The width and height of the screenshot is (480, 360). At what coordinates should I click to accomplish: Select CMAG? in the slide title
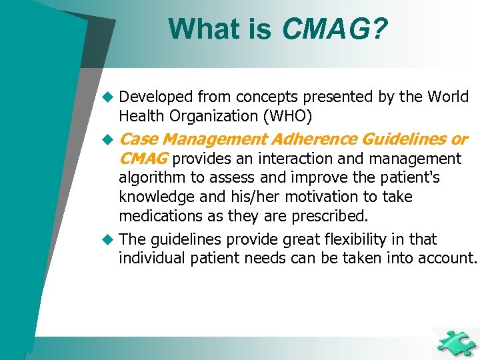(335, 29)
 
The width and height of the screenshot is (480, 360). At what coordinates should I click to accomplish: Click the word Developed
(153, 97)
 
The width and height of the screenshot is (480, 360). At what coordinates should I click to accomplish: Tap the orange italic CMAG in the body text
(143, 159)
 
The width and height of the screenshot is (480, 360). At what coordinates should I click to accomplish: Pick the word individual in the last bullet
(150, 259)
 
